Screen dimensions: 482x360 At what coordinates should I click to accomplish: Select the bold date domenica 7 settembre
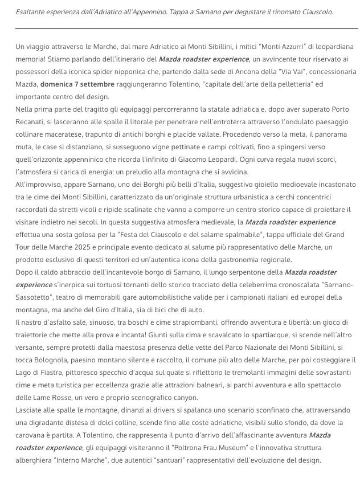click(77, 84)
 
